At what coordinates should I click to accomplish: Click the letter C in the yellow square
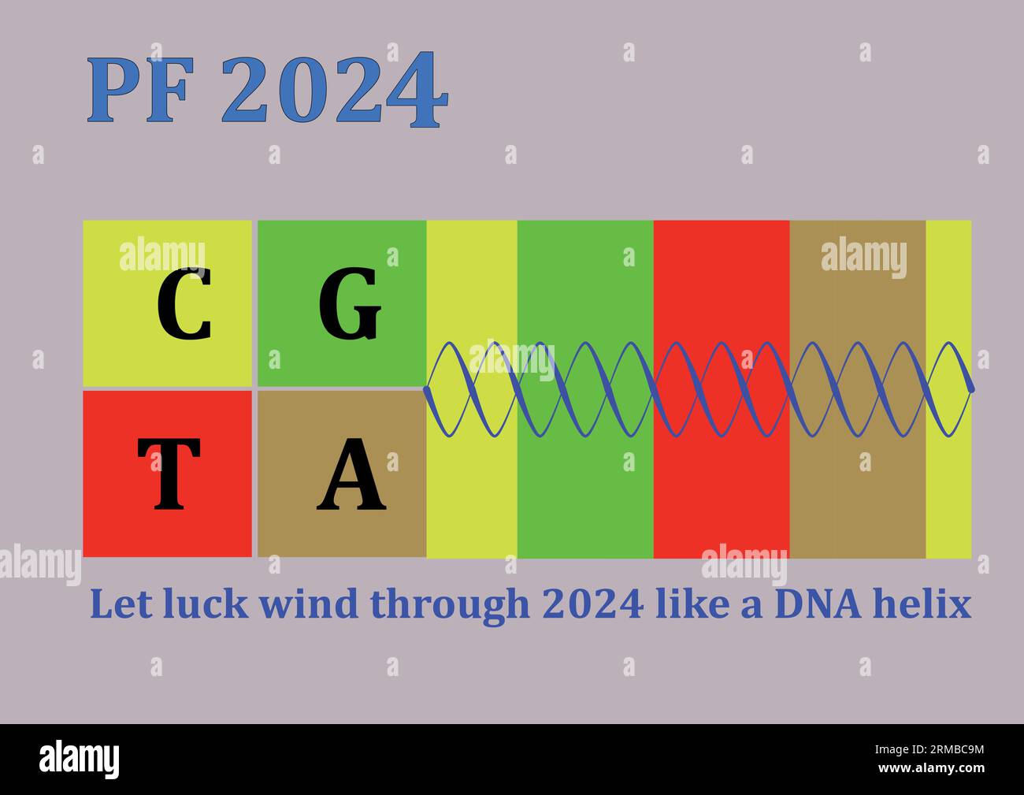click(184, 304)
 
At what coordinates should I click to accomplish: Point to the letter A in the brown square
click(351, 474)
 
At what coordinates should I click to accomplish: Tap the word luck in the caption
click(203, 604)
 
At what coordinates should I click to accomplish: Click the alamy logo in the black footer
click(80, 760)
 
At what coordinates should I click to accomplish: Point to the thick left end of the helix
click(427, 389)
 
